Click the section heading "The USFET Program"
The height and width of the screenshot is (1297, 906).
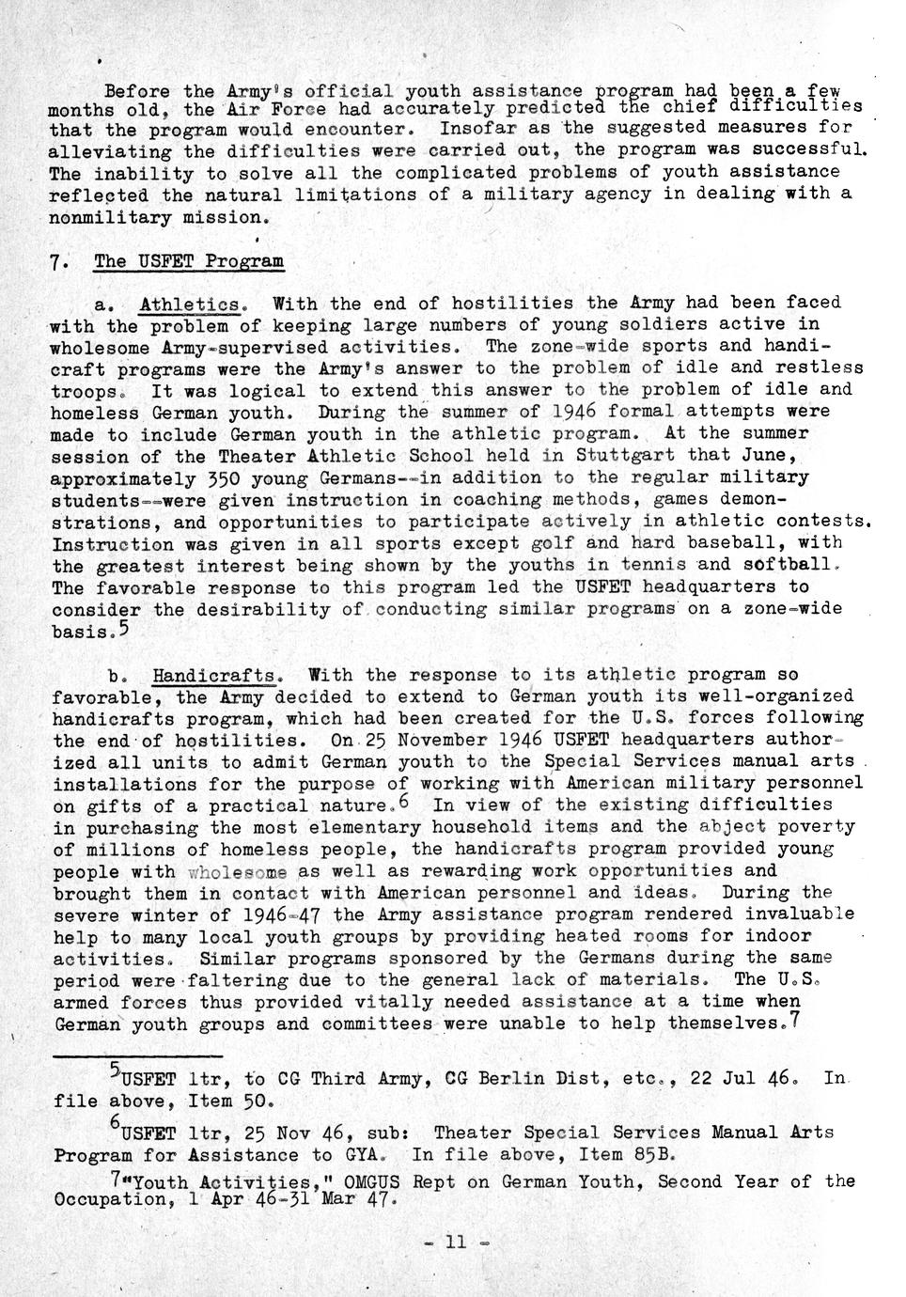tap(188, 260)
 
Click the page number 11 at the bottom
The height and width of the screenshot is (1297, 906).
tap(455, 1242)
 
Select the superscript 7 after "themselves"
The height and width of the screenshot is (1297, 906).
tap(795, 1020)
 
